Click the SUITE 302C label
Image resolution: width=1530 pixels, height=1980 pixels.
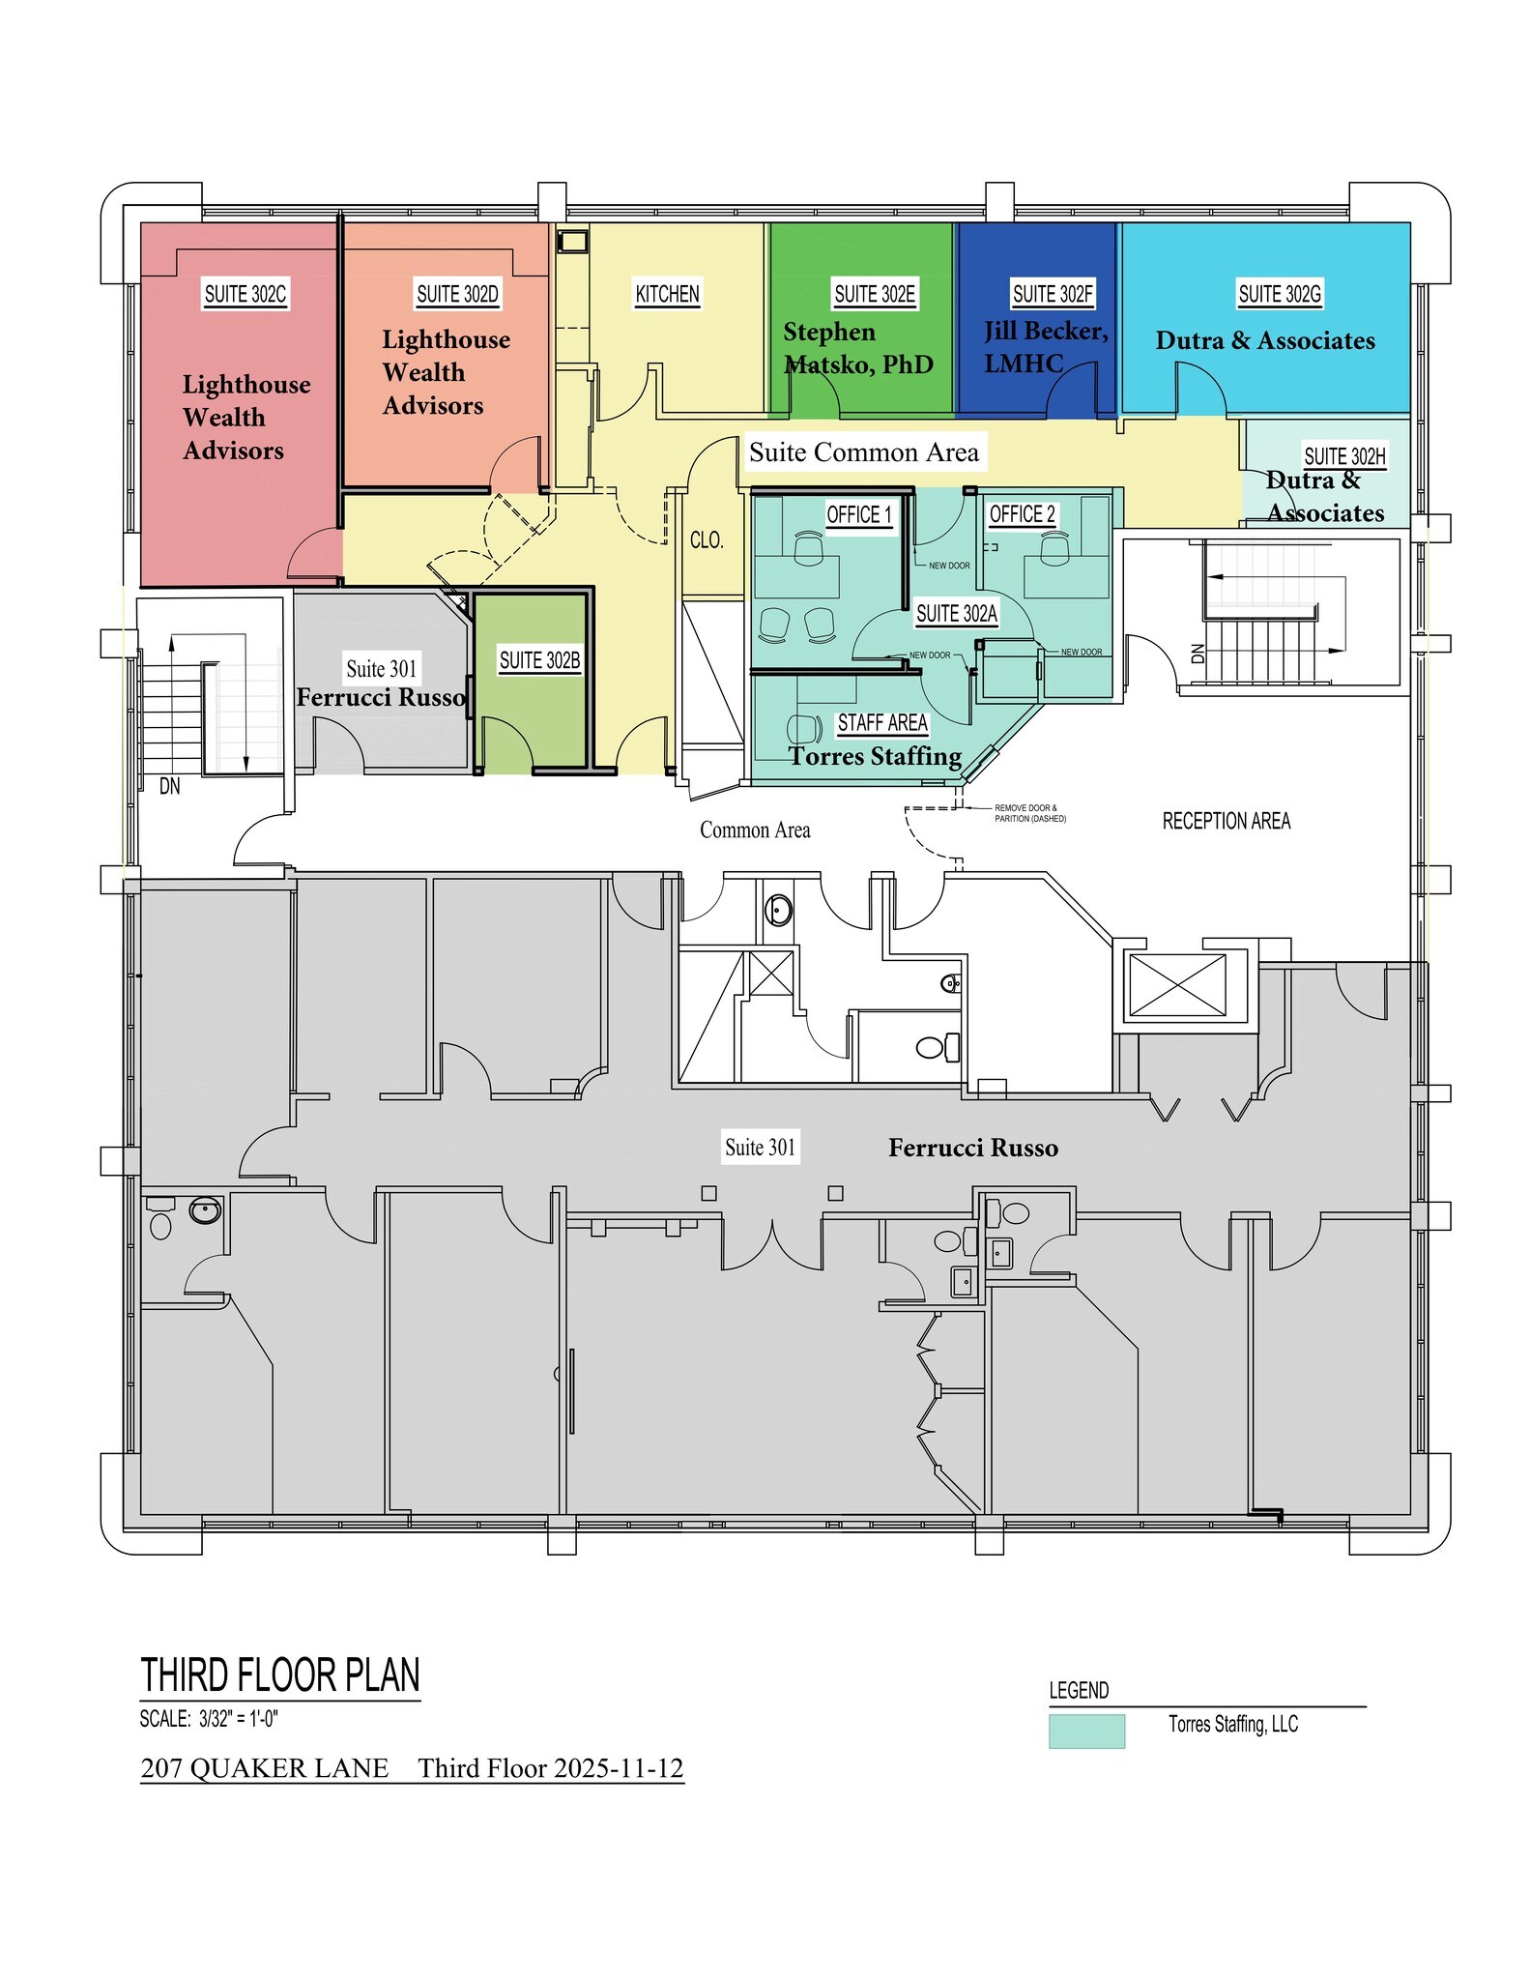(x=245, y=294)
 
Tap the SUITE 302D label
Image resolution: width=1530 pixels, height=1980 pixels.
(x=457, y=294)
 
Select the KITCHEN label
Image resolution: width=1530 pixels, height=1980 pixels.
(x=667, y=294)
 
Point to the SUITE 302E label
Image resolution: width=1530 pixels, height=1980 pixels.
(x=875, y=294)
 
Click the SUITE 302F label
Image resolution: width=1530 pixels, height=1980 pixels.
(x=1053, y=294)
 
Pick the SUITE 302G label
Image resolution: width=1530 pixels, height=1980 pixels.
(x=1280, y=294)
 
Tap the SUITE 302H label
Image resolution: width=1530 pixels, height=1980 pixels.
(x=1344, y=456)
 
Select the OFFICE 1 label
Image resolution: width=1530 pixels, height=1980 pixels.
(x=858, y=515)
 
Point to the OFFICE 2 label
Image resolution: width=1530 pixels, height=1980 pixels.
(x=1022, y=515)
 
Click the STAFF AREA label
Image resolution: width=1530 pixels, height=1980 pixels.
(x=881, y=723)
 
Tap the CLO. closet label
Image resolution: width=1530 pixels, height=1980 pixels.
(x=707, y=540)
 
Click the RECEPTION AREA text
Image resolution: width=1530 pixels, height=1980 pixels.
(x=1226, y=822)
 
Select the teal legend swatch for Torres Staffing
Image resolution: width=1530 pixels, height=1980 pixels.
(x=1086, y=1732)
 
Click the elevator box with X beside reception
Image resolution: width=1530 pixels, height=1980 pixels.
(x=1177, y=985)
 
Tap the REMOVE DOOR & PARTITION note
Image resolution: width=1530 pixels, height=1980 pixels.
(x=1029, y=813)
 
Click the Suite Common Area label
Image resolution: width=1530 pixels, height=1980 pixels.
(x=864, y=452)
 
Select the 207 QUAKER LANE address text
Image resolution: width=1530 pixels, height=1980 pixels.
(x=265, y=1768)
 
